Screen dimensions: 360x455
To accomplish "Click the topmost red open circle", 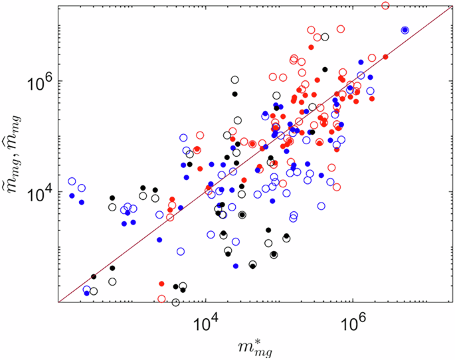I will pyautogui.click(x=386, y=5).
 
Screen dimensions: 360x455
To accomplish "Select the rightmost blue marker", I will pyautogui.click(x=405, y=30).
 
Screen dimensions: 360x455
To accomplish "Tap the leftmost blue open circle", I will pyautogui.click(x=72, y=181).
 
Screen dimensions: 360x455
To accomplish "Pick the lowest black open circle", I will pyautogui.click(x=175, y=302).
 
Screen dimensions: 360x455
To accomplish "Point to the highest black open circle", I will pyautogui.click(x=325, y=37).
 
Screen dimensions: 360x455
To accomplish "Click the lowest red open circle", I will pyautogui.click(x=161, y=298).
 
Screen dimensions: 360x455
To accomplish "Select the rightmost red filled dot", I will pyautogui.click(x=386, y=56).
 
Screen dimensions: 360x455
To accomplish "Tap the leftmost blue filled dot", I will pyautogui.click(x=72, y=195).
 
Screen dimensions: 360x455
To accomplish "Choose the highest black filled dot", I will pyautogui.click(x=325, y=69).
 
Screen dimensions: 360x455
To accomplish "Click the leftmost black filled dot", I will pyautogui.click(x=94, y=276).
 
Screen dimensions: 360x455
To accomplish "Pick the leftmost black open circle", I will pyautogui.click(x=94, y=291).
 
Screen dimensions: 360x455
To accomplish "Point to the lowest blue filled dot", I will pyautogui.click(x=87, y=293).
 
